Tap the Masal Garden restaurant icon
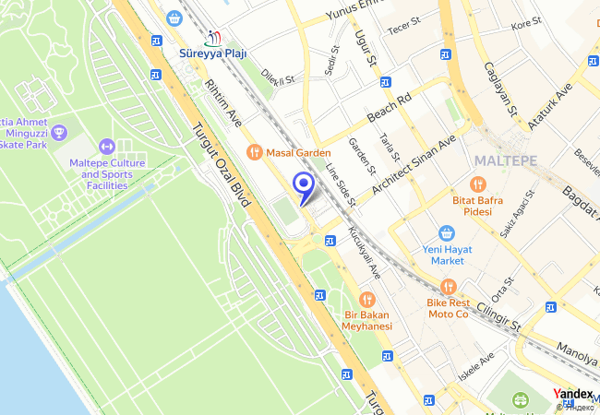(253, 152)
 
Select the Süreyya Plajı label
(213, 53)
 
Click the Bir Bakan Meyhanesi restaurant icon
(367, 299)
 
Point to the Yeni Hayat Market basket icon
(448, 232)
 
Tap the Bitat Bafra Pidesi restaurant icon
(476, 184)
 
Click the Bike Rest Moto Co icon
(448, 287)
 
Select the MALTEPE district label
(505, 160)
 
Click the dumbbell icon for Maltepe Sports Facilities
(106, 147)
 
